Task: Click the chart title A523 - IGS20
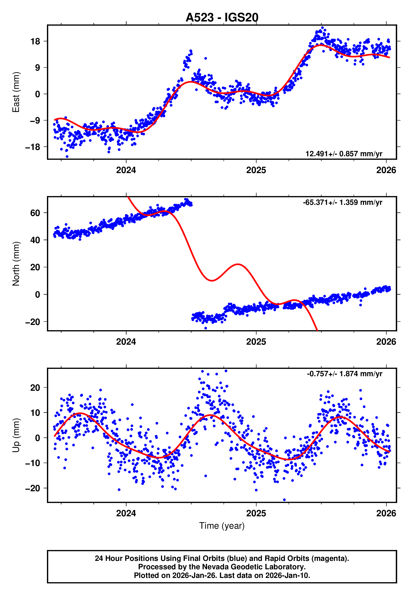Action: tap(222, 18)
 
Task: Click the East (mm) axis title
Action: tap(16, 92)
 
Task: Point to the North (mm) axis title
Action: tap(16, 264)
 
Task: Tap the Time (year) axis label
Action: tap(222, 526)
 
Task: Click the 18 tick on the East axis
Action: tap(35, 41)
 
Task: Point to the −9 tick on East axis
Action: tap(33, 121)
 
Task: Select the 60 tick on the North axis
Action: tap(35, 213)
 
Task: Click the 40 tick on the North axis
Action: tap(35, 240)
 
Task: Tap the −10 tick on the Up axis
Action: tap(33, 463)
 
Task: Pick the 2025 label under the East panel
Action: tap(256, 170)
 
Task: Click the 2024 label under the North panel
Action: tap(126, 342)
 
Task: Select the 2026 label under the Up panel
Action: tap(386, 513)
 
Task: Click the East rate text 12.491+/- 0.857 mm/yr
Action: tap(344, 154)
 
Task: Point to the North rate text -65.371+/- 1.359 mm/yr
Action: tap(342, 202)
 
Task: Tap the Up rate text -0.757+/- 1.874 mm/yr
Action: tap(344, 374)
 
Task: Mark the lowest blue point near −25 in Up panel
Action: tap(284, 500)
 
